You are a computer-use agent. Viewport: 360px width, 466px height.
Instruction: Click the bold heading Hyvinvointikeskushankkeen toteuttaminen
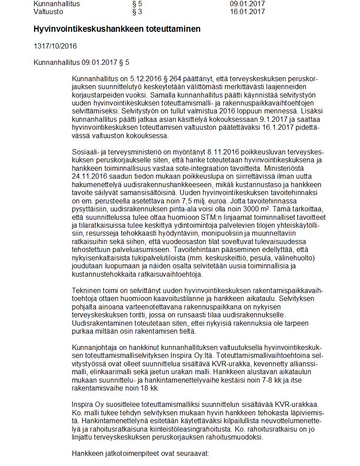pos(117,29)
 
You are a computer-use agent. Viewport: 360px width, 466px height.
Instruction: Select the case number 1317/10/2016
pos(55,46)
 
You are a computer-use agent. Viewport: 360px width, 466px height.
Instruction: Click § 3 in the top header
pos(137,12)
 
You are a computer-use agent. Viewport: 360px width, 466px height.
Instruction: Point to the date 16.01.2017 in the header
pos(247,12)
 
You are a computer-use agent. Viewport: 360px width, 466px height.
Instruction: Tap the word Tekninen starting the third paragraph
pos(85,290)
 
